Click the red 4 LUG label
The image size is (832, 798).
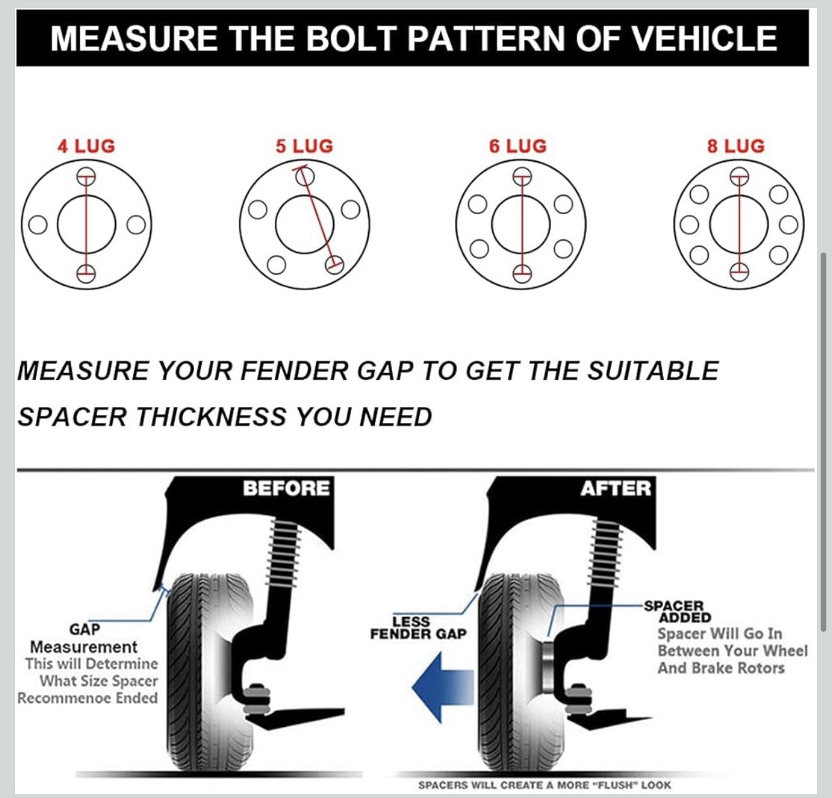coord(86,146)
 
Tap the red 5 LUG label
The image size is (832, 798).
coord(304,146)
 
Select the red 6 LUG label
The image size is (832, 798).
coord(517,146)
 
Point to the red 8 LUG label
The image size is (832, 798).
coord(736,146)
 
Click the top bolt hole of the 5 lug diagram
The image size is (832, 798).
coord(305,176)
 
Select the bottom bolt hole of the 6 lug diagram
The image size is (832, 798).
coord(522,273)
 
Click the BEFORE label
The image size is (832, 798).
coord(286,488)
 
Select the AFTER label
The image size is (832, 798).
coord(616,488)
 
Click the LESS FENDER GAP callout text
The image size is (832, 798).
coord(418,627)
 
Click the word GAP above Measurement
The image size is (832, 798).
coord(84,629)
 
